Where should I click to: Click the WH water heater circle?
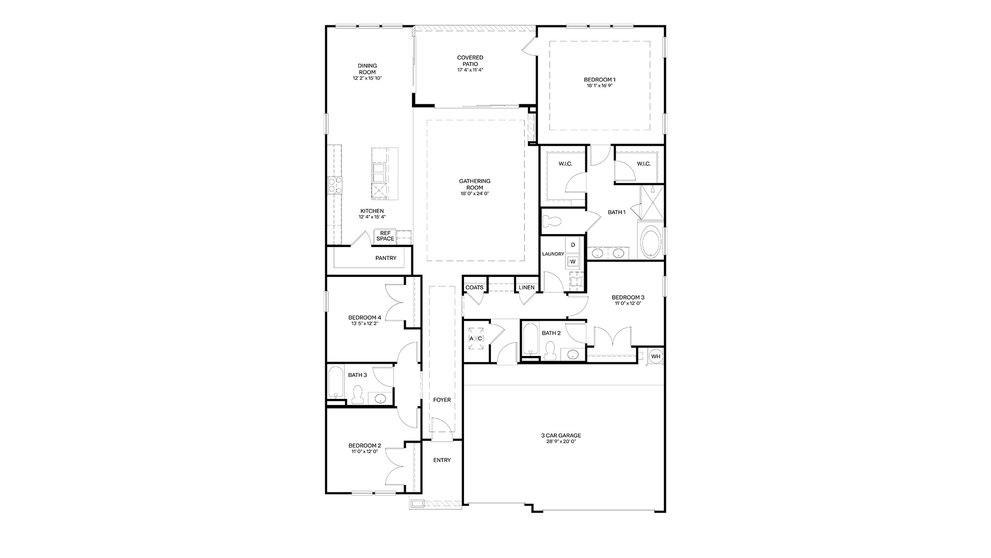point(656,356)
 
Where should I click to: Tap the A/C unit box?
point(475,338)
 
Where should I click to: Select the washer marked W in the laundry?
point(572,261)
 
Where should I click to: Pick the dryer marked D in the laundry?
point(572,244)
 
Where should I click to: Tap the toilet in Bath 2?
point(550,351)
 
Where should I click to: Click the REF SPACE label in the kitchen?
point(385,236)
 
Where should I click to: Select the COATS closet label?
point(474,287)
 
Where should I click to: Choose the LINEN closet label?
point(526,287)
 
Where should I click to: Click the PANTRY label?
point(386,258)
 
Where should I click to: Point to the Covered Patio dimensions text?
point(470,70)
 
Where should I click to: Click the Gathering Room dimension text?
point(475,194)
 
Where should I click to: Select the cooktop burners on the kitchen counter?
point(334,185)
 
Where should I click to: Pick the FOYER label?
point(442,399)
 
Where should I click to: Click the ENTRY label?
point(442,460)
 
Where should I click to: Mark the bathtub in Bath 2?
point(530,339)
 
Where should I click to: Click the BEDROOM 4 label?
point(364,317)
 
